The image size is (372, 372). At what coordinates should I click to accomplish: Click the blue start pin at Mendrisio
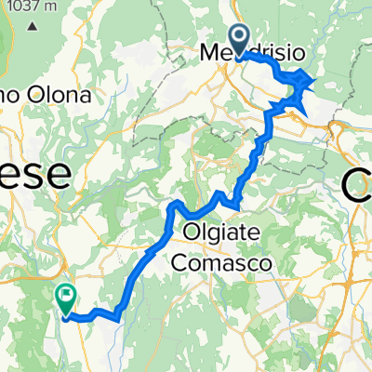coord(238,39)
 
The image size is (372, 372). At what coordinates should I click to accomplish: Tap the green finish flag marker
coord(66,298)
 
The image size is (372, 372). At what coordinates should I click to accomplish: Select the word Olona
coord(62,95)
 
